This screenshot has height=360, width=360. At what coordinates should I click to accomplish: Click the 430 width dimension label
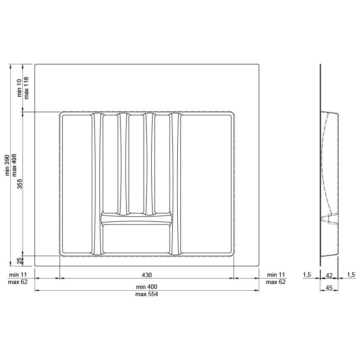(x=147, y=275)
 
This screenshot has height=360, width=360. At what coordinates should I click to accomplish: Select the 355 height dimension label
(x=20, y=184)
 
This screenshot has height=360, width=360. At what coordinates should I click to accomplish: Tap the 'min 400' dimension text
(x=147, y=287)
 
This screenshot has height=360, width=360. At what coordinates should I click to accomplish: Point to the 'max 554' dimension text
(x=147, y=294)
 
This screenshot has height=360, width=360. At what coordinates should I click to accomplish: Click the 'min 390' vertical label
(x=7, y=165)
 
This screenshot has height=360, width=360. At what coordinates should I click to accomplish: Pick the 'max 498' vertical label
(x=14, y=165)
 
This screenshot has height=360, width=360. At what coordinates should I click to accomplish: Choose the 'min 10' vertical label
(x=19, y=88)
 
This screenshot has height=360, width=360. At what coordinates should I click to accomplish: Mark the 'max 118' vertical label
(x=27, y=88)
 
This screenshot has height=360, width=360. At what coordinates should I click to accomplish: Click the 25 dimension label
(x=20, y=261)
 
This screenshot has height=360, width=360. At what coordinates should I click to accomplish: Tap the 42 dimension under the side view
(x=329, y=275)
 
